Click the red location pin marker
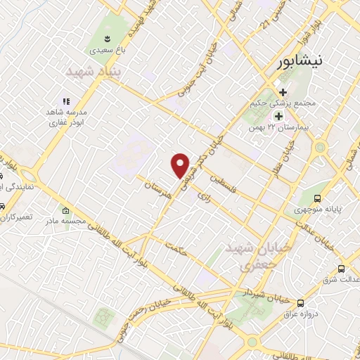coord(181,165)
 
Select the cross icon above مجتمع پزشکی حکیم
coord(283,92)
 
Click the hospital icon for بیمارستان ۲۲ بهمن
coord(279,116)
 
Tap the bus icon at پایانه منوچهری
coord(318,198)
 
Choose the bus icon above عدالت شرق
coord(342,268)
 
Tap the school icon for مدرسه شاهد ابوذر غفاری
coord(67,101)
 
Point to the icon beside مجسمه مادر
coord(66,211)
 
